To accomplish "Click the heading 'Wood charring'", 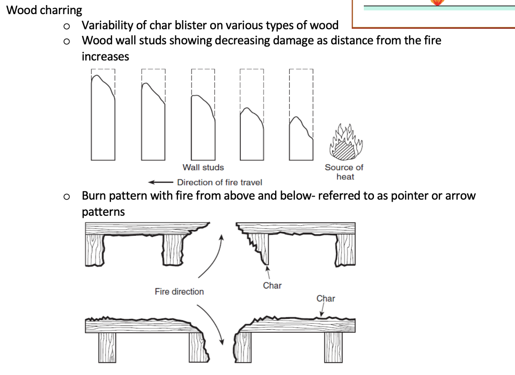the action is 44,10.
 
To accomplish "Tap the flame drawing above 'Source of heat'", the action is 346,142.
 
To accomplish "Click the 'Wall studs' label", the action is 203,167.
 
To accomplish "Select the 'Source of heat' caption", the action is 344,172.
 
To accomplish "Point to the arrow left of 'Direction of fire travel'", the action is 161,182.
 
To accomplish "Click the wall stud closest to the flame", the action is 301,139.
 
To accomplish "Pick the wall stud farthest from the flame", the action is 103,118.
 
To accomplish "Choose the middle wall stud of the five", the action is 203,128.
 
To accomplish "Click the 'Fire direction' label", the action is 179,291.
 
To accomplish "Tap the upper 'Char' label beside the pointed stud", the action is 272,286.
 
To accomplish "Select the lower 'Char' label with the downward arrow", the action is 326,298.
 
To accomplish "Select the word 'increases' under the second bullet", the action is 105,56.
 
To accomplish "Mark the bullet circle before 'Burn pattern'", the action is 67,197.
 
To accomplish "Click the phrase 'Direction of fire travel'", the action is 219,182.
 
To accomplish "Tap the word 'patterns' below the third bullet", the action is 103,212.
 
